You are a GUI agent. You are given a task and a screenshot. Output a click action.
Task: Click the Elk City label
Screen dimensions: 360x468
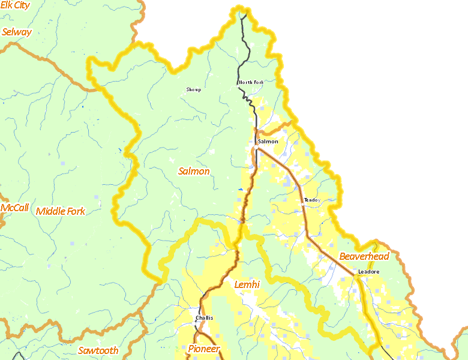pos(16,5)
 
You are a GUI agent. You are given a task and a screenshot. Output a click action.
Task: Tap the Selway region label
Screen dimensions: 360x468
pos(17,32)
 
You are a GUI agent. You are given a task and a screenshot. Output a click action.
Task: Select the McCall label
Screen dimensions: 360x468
pos(14,208)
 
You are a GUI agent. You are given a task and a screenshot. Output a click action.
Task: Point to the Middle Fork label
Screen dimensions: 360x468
pos(61,211)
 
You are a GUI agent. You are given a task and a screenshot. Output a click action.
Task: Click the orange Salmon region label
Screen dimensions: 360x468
pos(194,171)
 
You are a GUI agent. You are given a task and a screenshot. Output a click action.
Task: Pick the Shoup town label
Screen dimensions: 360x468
pos(193,89)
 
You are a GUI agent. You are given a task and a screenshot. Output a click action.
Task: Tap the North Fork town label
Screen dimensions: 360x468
pos(251,82)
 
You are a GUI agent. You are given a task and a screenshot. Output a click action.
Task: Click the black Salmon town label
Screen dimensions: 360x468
pos(268,142)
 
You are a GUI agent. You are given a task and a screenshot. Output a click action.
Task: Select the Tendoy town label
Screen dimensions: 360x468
pos(312,200)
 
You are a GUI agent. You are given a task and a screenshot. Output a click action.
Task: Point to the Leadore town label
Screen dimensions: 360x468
pos(369,272)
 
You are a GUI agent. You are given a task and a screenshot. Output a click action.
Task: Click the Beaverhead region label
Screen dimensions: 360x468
pos(364,256)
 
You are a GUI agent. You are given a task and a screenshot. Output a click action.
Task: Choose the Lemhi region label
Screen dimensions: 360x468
pos(247,284)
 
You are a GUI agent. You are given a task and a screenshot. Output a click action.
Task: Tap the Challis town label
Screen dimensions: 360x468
pos(205,318)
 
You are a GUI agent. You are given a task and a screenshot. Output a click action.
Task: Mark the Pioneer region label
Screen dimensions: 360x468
pos(204,349)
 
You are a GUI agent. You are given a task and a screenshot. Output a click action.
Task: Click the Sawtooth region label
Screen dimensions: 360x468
pos(98,350)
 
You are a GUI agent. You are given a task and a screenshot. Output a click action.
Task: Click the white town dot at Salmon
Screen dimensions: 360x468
pos(256,146)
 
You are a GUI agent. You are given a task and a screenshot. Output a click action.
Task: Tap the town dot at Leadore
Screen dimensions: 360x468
pos(355,276)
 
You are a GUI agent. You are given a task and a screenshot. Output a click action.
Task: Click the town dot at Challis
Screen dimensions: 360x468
pos(196,322)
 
